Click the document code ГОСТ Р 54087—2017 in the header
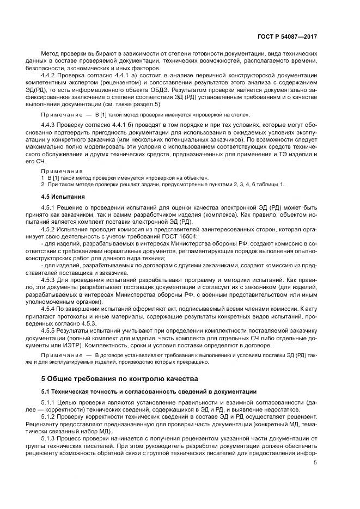pos(287,36)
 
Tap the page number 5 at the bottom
pos(315,462)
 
